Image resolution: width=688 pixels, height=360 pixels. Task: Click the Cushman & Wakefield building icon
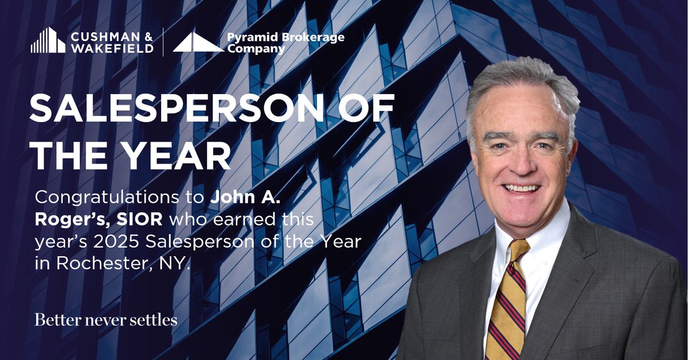[x=48, y=40]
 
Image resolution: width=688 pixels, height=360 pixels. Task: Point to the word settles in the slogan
[x=156, y=320]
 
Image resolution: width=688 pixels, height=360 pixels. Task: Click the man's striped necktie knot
[x=517, y=251]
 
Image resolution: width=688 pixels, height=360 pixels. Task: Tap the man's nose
[x=519, y=166]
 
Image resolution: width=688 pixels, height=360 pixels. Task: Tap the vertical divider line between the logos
[x=163, y=42]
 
